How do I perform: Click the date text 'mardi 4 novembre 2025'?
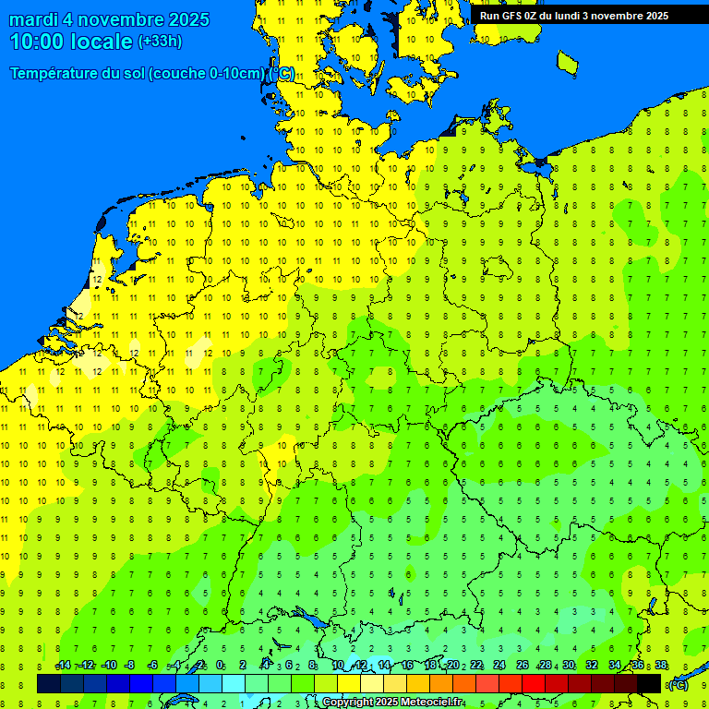109,19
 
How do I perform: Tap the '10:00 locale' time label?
71,42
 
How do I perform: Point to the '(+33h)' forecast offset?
160,42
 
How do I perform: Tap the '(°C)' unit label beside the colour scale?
678,684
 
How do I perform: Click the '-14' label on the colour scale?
63,666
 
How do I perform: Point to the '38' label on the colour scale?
660,666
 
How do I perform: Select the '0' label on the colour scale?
220,666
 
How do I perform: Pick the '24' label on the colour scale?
499,666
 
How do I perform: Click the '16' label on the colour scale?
407,666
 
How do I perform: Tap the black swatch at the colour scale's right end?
649,683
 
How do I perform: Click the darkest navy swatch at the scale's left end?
48,683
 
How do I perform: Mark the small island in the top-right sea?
568,63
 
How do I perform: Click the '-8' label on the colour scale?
130,666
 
